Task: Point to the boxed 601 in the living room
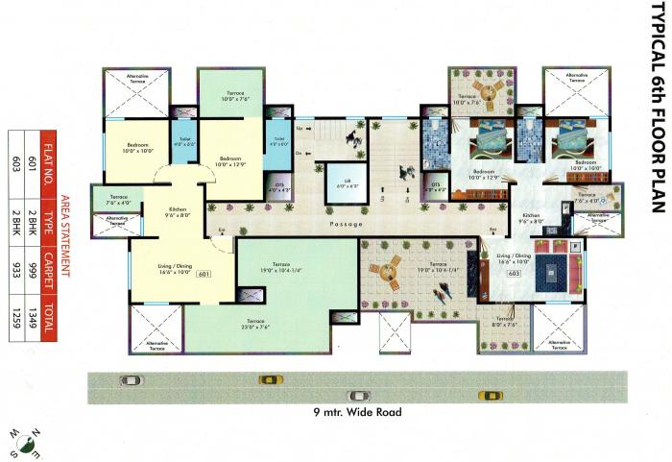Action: click(x=204, y=276)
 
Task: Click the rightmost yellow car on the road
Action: click(x=491, y=394)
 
